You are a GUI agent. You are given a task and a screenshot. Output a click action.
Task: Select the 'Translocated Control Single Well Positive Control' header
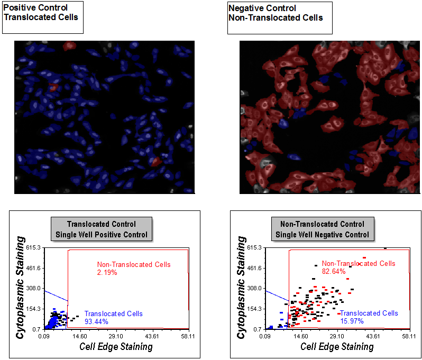click(x=102, y=229)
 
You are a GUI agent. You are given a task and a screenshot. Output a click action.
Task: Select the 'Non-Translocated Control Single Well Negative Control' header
click(x=322, y=229)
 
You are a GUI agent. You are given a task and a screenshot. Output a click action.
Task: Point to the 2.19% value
click(x=107, y=272)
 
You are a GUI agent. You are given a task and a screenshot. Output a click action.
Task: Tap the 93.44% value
click(x=96, y=321)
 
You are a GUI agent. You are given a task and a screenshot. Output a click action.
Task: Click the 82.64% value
click(x=334, y=272)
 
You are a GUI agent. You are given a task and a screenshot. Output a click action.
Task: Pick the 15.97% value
click(x=352, y=321)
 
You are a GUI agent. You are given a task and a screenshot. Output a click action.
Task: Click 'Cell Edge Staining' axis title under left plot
click(x=116, y=347)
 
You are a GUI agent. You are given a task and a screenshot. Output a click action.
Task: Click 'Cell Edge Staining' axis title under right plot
click(x=337, y=347)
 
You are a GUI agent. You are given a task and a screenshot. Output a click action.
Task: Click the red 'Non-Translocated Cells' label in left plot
click(x=133, y=264)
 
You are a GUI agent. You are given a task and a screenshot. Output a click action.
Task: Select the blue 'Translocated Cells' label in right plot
click(x=369, y=313)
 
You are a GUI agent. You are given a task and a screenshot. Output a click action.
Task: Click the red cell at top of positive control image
click(x=69, y=46)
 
